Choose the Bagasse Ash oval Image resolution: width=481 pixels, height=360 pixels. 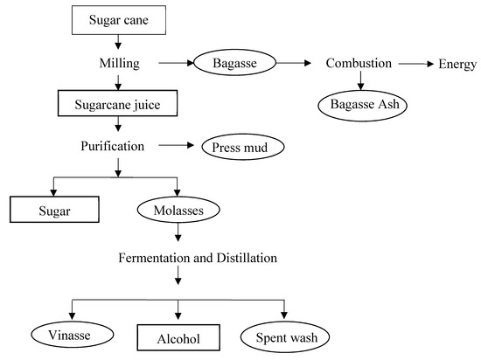pyautogui.click(x=361, y=105)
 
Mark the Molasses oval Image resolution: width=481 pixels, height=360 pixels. pyautogui.click(x=178, y=211)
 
